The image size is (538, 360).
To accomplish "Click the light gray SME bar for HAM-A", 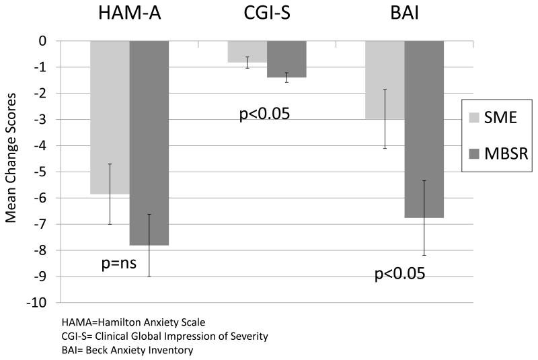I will (110, 117).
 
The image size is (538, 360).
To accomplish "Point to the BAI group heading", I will (404, 15).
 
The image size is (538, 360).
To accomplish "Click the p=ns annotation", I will (118, 263).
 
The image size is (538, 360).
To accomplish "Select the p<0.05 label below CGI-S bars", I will (264, 114).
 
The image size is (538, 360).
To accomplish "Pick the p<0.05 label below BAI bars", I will (400, 275).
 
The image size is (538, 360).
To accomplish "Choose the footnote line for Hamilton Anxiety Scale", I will (124, 322).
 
